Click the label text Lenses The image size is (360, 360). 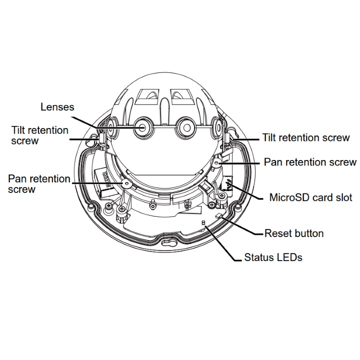[57, 106]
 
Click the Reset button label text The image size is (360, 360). [294, 233]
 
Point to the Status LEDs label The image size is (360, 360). [273, 258]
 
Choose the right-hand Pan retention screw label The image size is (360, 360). [310, 162]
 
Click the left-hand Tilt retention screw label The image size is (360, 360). [40, 135]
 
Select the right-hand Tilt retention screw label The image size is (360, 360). [306, 137]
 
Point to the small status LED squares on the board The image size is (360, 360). [203, 223]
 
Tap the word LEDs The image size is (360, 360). [290, 258]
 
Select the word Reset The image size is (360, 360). [276, 233]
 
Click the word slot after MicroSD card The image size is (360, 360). [343, 198]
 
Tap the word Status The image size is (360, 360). [259, 258]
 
